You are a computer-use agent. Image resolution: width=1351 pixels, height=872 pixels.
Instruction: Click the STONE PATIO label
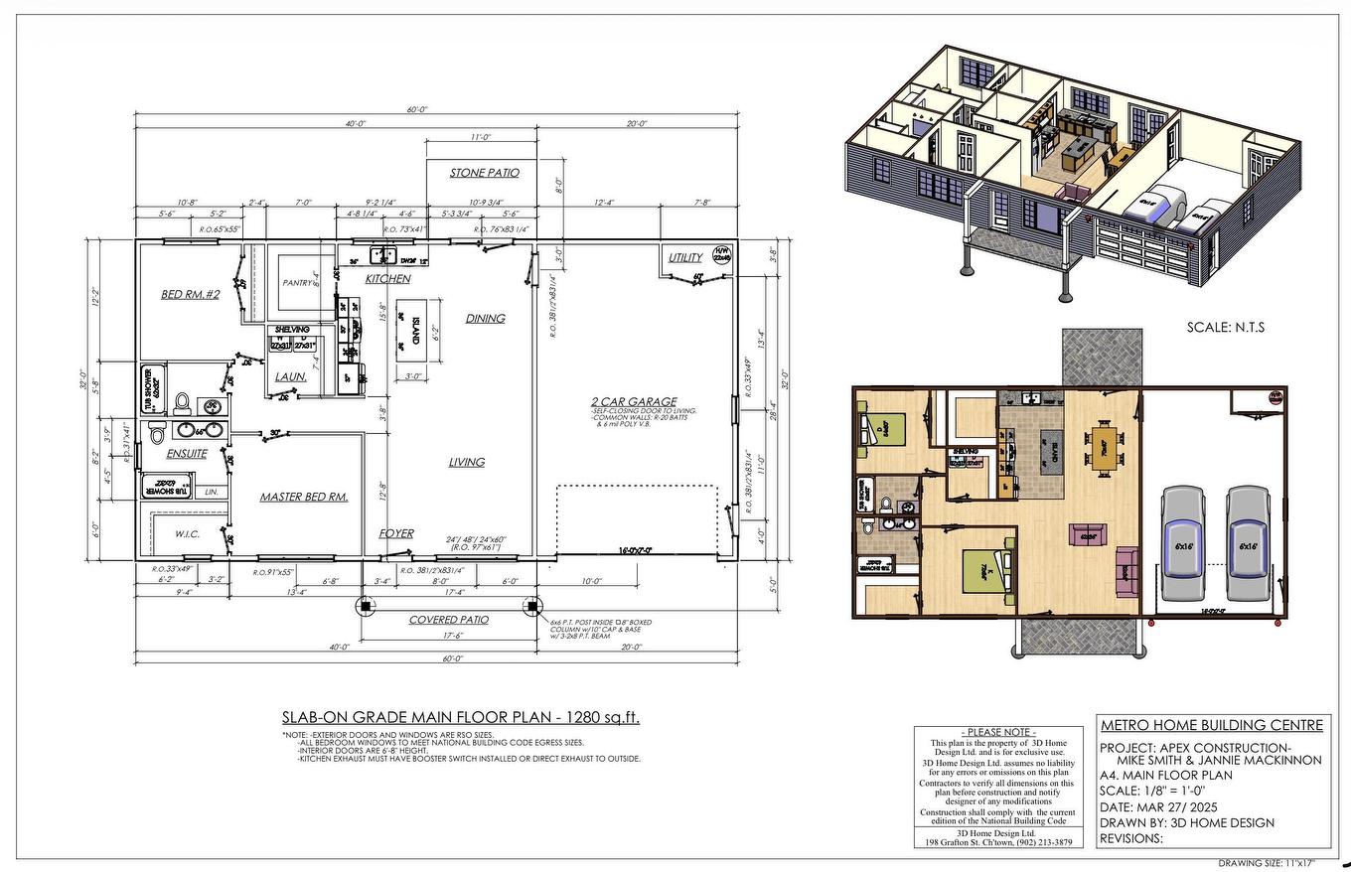(484, 173)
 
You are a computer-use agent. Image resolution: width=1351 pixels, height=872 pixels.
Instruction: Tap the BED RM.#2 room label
(190, 295)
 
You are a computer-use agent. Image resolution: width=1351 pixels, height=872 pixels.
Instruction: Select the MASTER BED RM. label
(304, 497)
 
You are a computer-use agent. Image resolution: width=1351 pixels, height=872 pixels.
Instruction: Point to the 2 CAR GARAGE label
(632, 401)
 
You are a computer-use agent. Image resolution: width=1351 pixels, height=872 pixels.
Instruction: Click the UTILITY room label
(684, 258)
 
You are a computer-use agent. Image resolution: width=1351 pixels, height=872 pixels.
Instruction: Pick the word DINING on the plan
(485, 319)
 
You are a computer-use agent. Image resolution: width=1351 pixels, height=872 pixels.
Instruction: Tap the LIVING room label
(466, 462)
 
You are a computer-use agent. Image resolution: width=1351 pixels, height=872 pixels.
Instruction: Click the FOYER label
(396, 533)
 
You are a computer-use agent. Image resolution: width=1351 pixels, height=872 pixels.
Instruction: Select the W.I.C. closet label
(187, 534)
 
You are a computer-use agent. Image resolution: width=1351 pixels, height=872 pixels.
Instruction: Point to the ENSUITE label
(187, 454)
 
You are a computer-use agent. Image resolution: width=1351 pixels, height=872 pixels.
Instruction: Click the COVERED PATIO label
(449, 620)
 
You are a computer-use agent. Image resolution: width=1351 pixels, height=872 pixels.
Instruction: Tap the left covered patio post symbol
(365, 605)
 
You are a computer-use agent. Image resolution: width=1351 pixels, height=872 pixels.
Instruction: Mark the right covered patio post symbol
(531, 605)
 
